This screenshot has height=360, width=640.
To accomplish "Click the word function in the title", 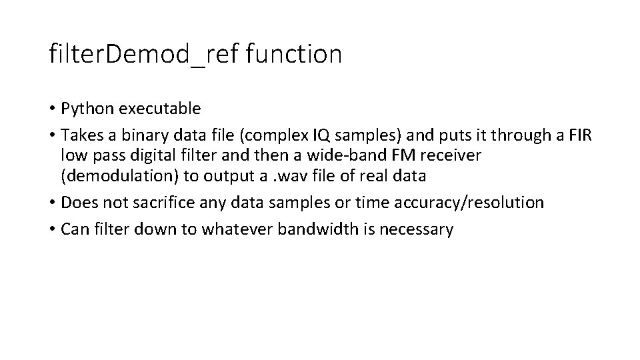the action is click(x=293, y=54).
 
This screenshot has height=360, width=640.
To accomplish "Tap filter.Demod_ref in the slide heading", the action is click(x=142, y=54).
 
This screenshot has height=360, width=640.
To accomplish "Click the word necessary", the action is click(x=420, y=229).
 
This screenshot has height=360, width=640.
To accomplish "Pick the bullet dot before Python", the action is click(x=53, y=108).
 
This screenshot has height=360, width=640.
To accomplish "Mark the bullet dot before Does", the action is click(x=53, y=203).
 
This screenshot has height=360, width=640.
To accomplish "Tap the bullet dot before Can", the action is click(x=53, y=230).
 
